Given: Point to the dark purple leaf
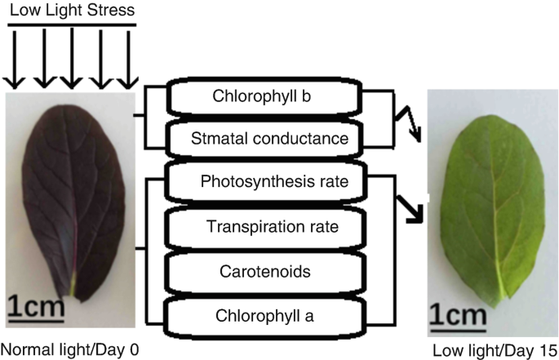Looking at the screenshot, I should point(69,196).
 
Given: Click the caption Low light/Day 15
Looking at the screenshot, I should point(492,351).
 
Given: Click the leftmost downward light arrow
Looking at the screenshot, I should point(16,57).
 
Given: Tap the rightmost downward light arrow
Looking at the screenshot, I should point(126,57).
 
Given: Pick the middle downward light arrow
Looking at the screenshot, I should point(71,57).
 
